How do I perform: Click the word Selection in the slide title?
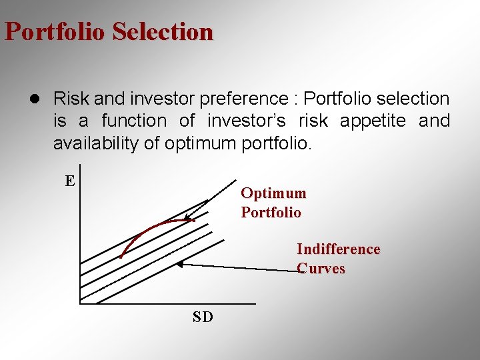point(163,31)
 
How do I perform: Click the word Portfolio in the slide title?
point(55,31)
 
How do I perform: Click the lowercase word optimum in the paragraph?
point(203,143)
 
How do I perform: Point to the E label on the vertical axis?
point(69,181)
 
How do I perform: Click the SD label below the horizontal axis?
point(203,317)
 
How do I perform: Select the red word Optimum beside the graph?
point(273,193)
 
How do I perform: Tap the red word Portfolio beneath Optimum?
point(271,213)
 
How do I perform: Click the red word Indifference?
point(338,249)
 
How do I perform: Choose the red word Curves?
point(321,269)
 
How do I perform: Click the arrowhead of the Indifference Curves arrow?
point(179,264)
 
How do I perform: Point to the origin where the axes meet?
point(79,303)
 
